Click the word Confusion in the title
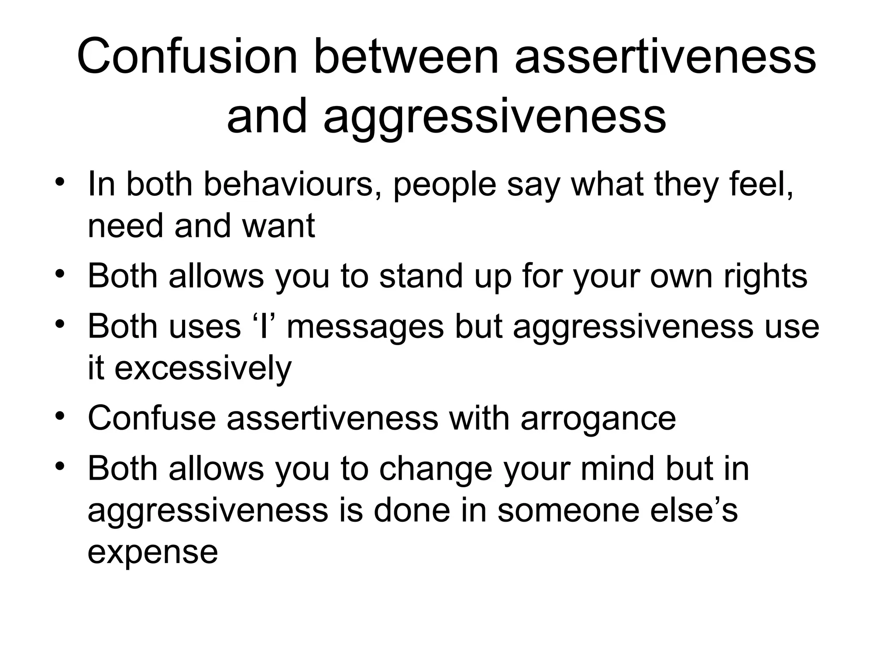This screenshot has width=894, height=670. point(187,57)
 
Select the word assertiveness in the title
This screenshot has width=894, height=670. point(665,57)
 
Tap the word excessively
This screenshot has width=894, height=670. point(203,368)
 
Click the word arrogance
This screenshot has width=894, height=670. point(598,418)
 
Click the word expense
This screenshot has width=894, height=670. point(153,552)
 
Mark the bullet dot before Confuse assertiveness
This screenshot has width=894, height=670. point(60,415)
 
